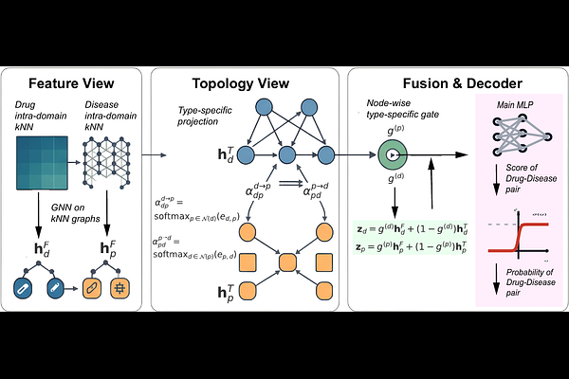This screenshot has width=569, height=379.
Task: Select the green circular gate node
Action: pyautogui.click(x=391, y=153)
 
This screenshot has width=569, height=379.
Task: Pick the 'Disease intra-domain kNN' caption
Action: pyautogui.click(x=108, y=116)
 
